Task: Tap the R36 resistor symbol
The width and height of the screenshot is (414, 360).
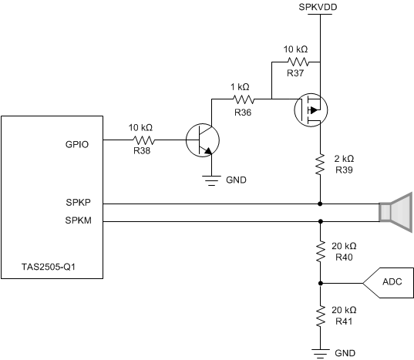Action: tap(243, 99)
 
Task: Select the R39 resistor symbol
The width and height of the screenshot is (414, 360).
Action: tap(319, 164)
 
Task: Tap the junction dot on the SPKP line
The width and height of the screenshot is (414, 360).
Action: tap(319, 204)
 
